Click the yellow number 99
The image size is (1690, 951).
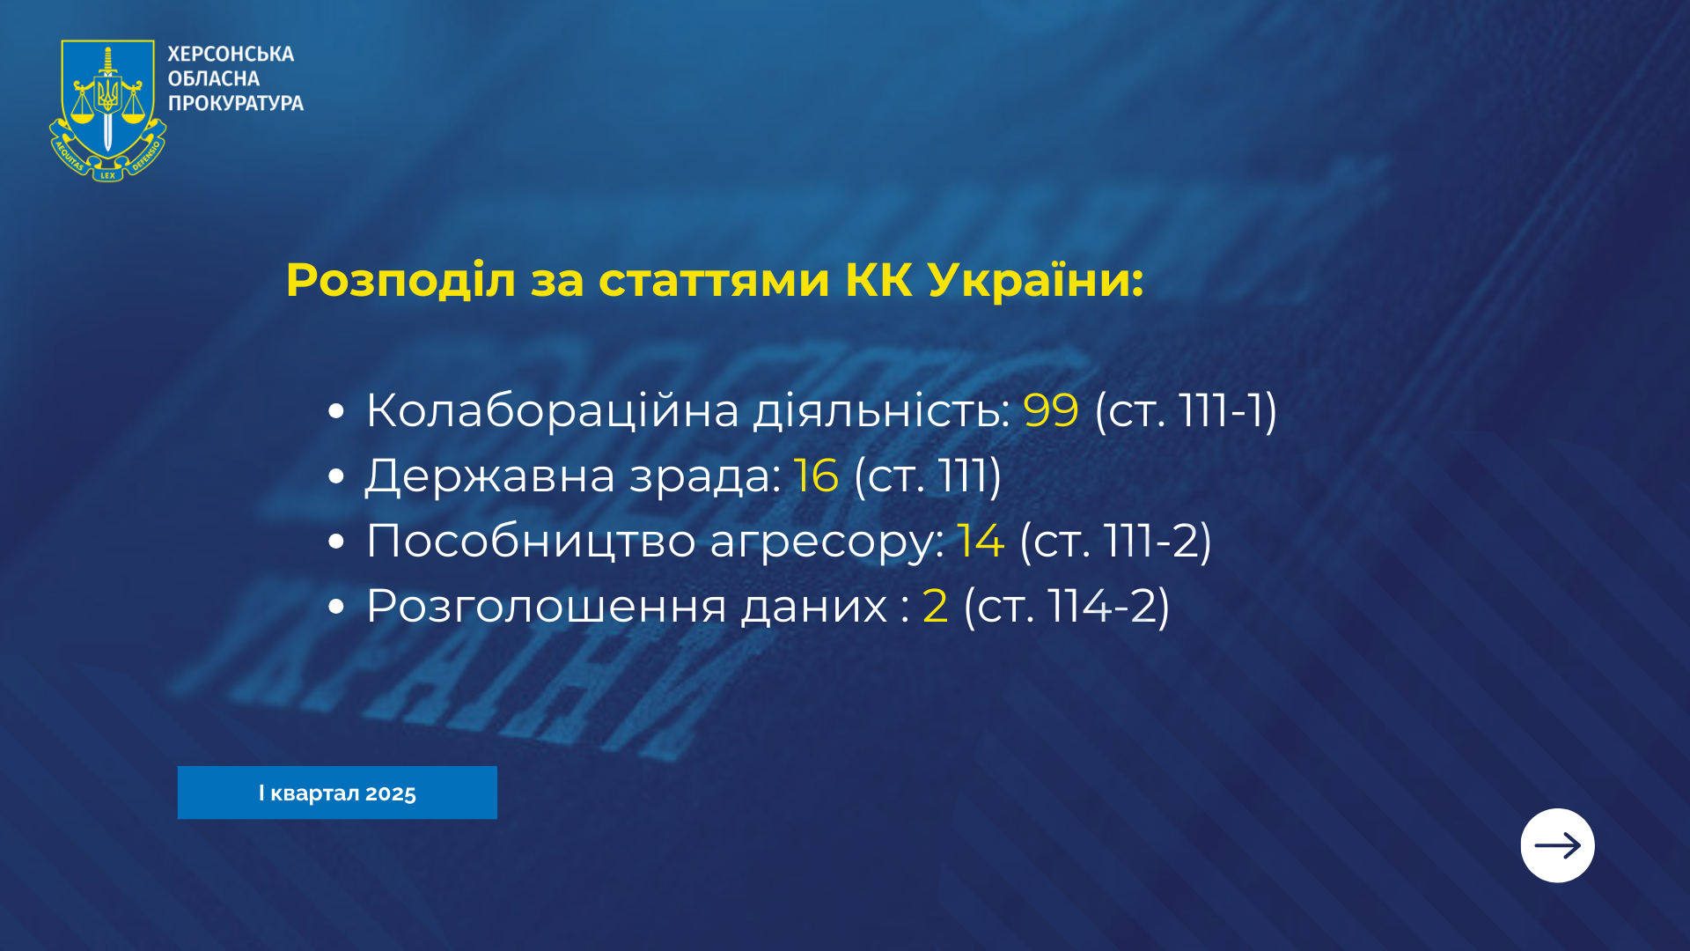pos(1051,410)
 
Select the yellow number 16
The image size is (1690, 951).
pos(816,475)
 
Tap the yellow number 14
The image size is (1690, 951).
pos(981,541)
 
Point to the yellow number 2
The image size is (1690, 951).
pos(936,606)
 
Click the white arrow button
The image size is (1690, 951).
pos(1557,845)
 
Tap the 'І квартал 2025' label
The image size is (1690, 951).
pos(337,792)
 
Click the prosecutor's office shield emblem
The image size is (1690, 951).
pos(107,111)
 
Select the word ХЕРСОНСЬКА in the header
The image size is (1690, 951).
pos(231,54)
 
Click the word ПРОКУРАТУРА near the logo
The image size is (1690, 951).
pos(236,103)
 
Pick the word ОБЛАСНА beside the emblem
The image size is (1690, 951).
pos(214,78)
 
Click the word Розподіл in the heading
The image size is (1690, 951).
pos(400,281)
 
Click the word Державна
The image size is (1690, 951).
pos(490,475)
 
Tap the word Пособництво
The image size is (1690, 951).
pos(531,541)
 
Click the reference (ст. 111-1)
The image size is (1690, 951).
pos(1186,411)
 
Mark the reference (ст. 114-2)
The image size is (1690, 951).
pos(1067,607)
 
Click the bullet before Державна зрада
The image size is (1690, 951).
pos(335,476)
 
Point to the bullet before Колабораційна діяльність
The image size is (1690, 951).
pos(335,411)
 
